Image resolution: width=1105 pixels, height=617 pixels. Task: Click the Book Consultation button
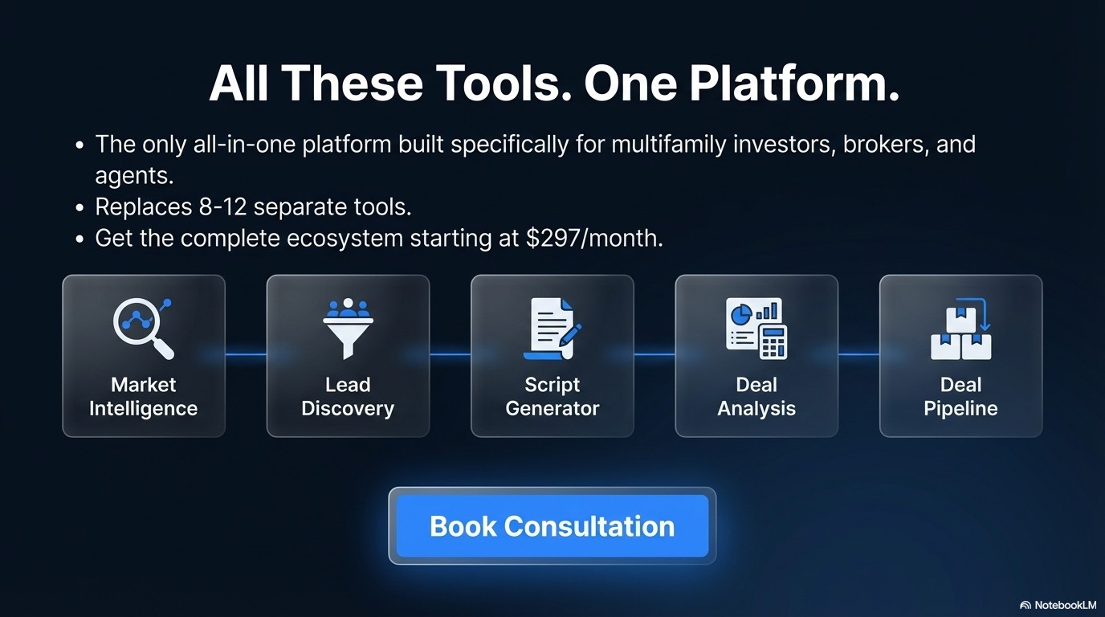pyautogui.click(x=552, y=526)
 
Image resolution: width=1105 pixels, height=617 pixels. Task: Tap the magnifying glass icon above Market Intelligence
pyautogui.click(x=144, y=328)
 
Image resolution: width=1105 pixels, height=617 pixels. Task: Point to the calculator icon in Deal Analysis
pyautogui.click(x=772, y=341)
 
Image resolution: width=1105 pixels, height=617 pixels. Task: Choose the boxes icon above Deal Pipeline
pyautogui.click(x=960, y=329)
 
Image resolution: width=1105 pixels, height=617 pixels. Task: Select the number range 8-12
pyautogui.click(x=224, y=206)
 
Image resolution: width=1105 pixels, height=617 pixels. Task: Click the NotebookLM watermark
pyautogui.click(x=1058, y=605)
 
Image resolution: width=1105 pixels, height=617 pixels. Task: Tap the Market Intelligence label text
pyautogui.click(x=144, y=397)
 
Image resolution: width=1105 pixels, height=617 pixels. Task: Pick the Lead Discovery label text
pyautogui.click(x=348, y=397)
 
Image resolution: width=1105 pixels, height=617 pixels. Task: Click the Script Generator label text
pyautogui.click(x=552, y=397)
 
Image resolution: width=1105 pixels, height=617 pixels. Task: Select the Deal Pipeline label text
pyautogui.click(x=960, y=397)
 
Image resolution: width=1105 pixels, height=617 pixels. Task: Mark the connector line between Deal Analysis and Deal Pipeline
pyautogui.click(x=858, y=354)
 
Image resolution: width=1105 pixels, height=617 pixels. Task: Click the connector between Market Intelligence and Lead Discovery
pyautogui.click(x=246, y=354)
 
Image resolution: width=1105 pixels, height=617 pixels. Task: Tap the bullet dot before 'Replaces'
pyautogui.click(x=80, y=207)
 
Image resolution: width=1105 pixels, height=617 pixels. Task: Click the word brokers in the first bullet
pyautogui.click(x=883, y=145)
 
